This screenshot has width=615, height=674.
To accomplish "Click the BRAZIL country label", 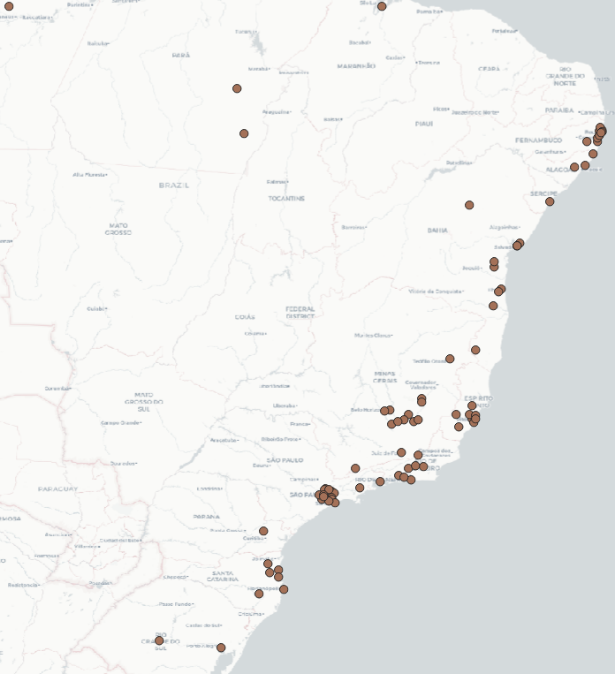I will click(174, 186).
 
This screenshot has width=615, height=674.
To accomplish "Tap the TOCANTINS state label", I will click(286, 199).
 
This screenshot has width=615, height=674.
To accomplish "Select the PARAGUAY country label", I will click(58, 488).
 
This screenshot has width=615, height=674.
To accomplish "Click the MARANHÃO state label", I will click(356, 66).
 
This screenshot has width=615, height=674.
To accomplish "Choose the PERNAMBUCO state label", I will click(539, 140).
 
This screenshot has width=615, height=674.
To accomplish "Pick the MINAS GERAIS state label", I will click(385, 376).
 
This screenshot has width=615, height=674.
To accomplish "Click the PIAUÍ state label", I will click(424, 124).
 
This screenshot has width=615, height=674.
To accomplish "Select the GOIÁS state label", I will click(245, 316).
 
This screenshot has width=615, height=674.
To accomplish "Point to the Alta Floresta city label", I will click(90, 175).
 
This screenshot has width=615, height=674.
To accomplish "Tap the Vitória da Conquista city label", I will click(436, 291).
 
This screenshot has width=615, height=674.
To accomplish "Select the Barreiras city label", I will click(354, 227).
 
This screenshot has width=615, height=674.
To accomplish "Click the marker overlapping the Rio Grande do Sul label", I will click(159, 640).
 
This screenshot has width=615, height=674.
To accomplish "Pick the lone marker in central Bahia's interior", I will click(469, 205).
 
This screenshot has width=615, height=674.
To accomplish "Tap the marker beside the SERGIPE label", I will click(550, 201).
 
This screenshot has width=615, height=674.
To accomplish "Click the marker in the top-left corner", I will click(9, 6).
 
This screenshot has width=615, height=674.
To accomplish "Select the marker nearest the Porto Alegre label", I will click(221, 647).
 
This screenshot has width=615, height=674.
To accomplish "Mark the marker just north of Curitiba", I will click(263, 531).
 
